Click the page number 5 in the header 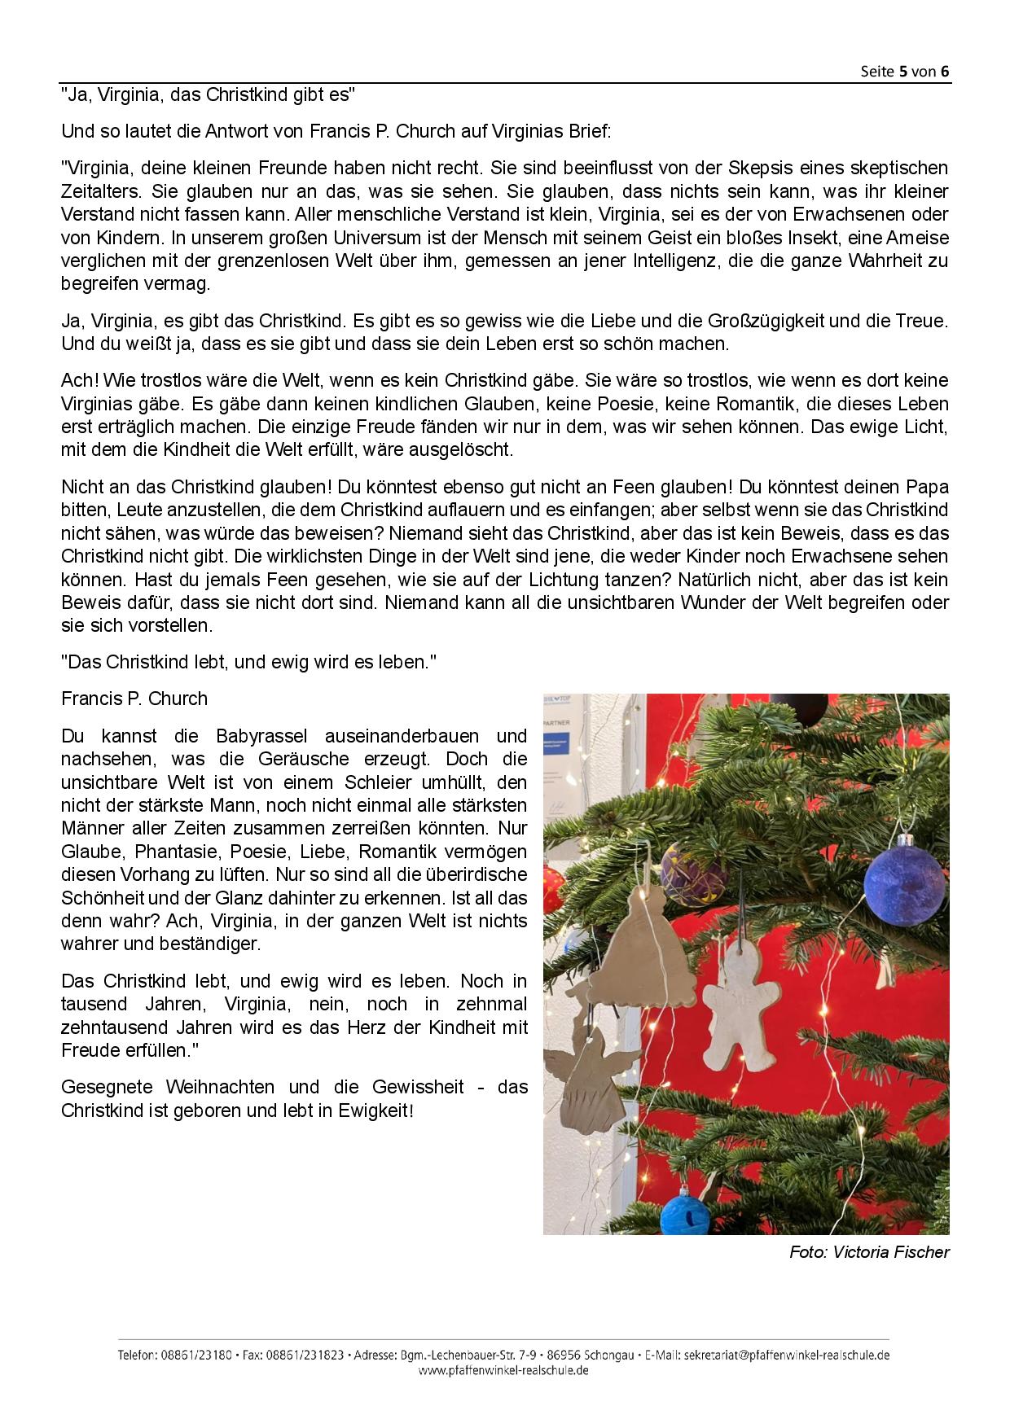(x=903, y=71)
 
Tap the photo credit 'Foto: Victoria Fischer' (x=869, y=1252)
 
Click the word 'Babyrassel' (x=261, y=736)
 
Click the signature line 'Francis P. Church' (x=134, y=699)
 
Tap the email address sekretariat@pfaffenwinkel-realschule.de (x=787, y=1356)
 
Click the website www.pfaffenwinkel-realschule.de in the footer (x=503, y=1370)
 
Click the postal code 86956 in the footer (x=564, y=1356)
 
